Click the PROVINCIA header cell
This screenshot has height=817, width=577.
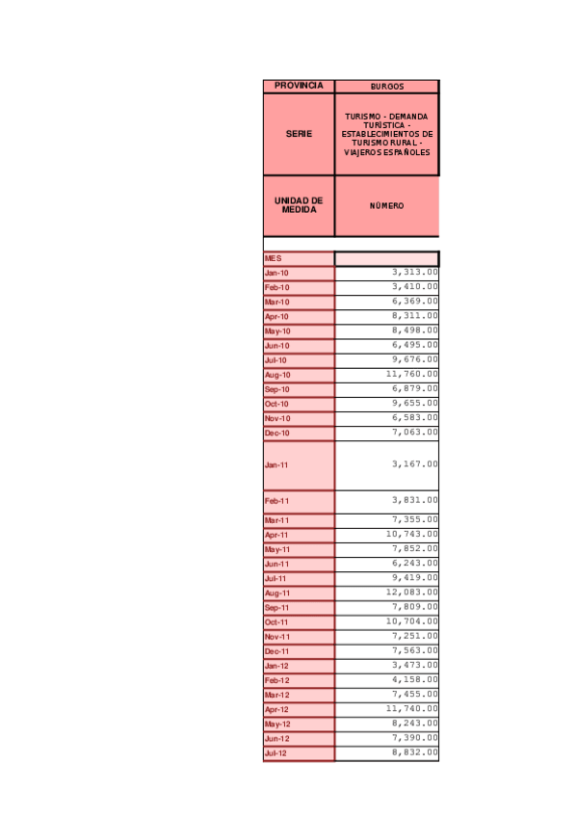(299, 86)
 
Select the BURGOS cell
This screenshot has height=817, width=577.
(386, 87)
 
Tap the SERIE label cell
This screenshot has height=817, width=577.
(299, 134)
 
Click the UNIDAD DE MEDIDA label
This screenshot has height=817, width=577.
(299, 205)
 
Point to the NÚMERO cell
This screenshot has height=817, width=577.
(386, 206)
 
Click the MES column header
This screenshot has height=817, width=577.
(299, 258)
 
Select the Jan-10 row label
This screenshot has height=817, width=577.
(299, 273)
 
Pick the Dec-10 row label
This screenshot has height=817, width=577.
(299, 433)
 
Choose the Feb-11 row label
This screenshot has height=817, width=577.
(299, 501)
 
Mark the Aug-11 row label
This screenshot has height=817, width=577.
(299, 593)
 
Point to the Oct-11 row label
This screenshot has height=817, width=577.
(299, 621)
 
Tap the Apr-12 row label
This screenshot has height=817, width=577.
(299, 709)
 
